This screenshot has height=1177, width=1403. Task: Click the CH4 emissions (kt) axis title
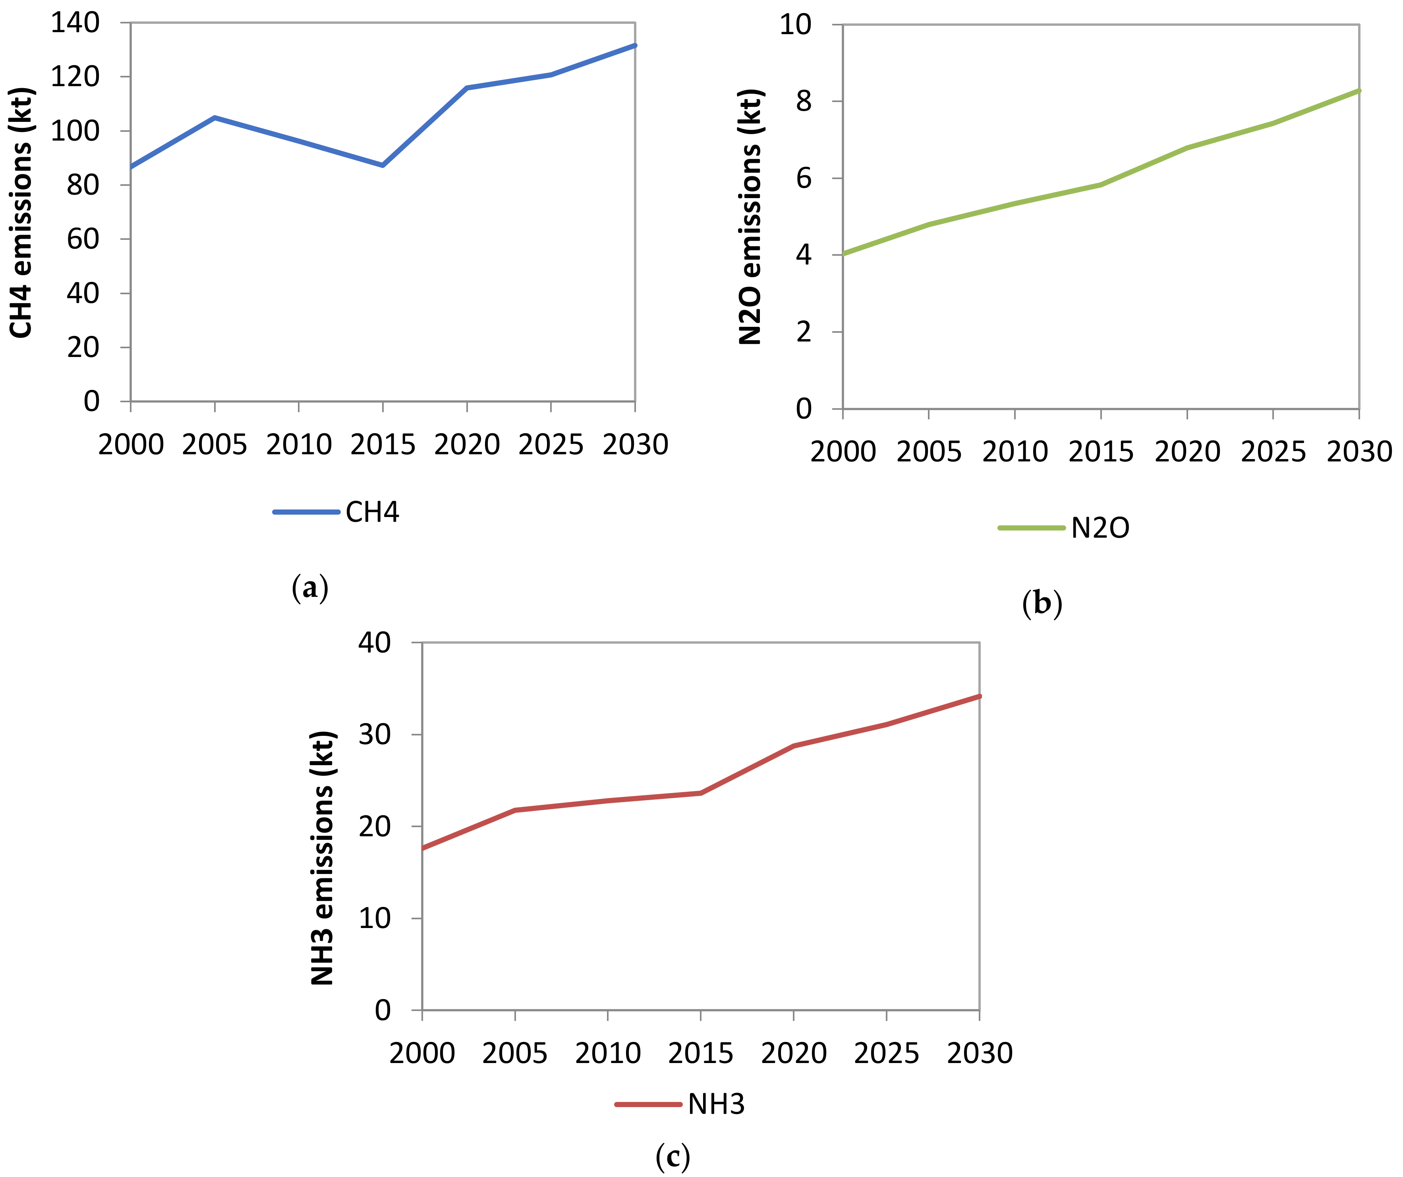tap(21, 212)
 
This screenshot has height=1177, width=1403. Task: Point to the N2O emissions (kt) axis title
tap(750, 217)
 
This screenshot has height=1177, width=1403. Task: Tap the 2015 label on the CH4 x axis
tap(383, 445)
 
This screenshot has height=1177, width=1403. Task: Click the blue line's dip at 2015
tap(383, 165)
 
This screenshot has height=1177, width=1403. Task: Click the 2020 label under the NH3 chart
tap(794, 1054)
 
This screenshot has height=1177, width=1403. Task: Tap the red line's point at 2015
tap(701, 793)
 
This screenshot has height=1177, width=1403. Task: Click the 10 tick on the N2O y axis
tap(796, 25)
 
